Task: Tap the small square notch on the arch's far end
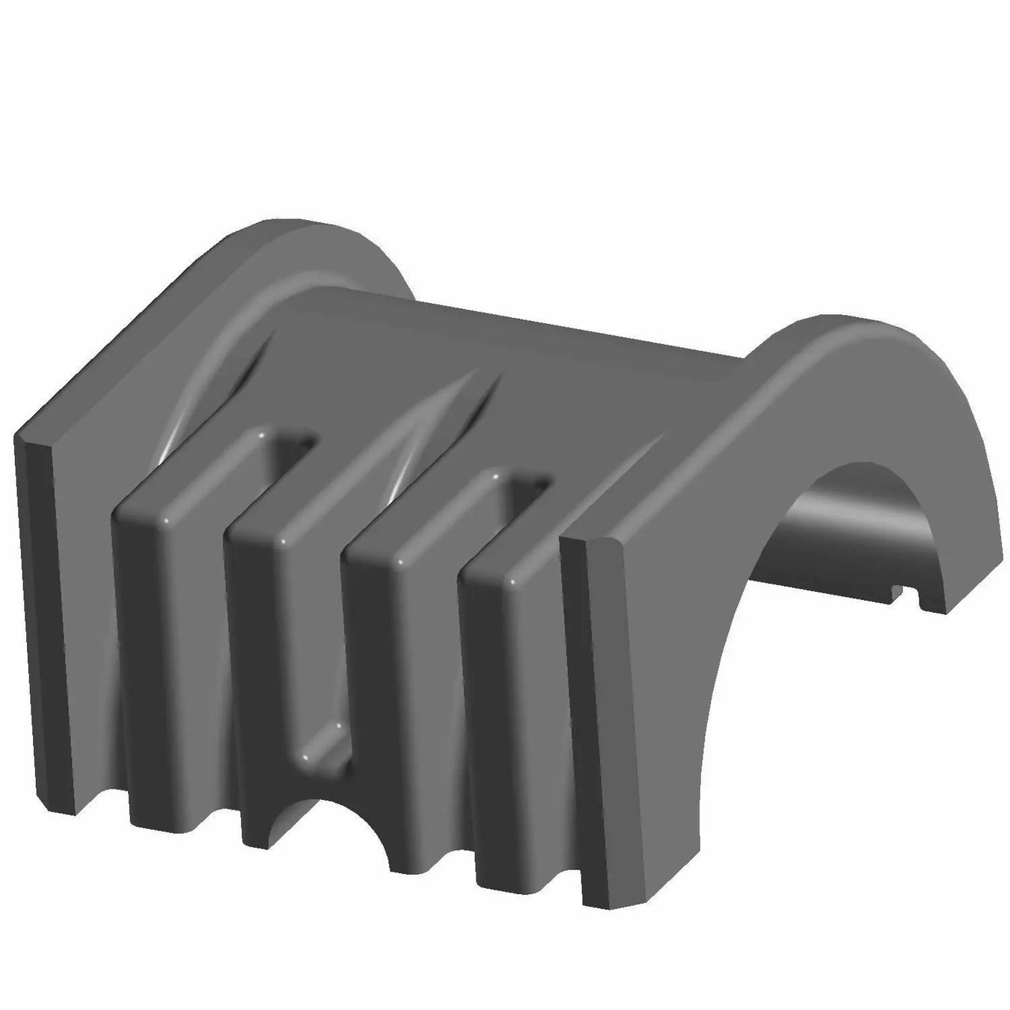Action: click(902, 595)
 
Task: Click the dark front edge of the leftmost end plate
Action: click(45, 621)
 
